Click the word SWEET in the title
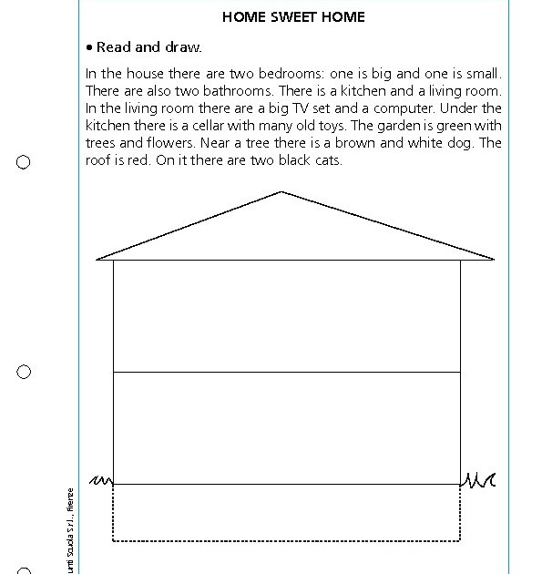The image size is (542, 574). point(293,17)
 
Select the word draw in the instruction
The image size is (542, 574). point(182,47)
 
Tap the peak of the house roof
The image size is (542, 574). point(281,192)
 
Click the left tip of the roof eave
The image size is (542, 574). point(97,260)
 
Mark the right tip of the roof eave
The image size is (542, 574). point(494,260)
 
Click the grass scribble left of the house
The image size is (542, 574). point(101,480)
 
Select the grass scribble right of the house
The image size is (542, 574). point(478,479)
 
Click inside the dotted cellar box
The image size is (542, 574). point(286,512)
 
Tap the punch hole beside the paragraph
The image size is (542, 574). point(24,162)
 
